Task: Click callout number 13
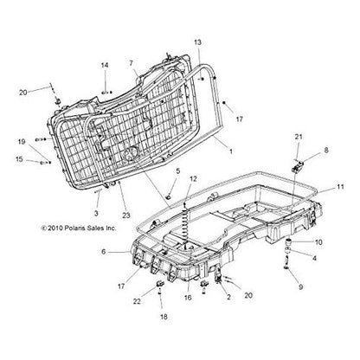pyautogui.click(x=197, y=42)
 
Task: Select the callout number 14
pyautogui.click(x=105, y=65)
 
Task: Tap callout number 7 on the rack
pyautogui.click(x=132, y=63)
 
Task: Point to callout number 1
pyautogui.click(x=230, y=151)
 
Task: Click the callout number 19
pyautogui.click(x=22, y=142)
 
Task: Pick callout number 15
pyautogui.click(x=19, y=159)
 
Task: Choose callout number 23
pyautogui.click(x=126, y=215)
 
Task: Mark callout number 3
pyautogui.click(x=96, y=214)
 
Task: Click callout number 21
pyautogui.click(x=299, y=137)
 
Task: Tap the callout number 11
pyautogui.click(x=340, y=187)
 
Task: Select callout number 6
pyautogui.click(x=104, y=252)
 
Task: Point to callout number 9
pyautogui.click(x=300, y=287)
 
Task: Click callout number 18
pyautogui.click(x=164, y=317)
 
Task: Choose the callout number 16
pyautogui.click(x=188, y=298)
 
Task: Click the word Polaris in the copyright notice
pyautogui.click(x=74, y=228)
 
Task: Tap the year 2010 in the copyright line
pyautogui.click(x=55, y=228)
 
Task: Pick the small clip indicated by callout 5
pyautogui.click(x=169, y=197)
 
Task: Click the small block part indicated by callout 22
pyautogui.click(x=160, y=284)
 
